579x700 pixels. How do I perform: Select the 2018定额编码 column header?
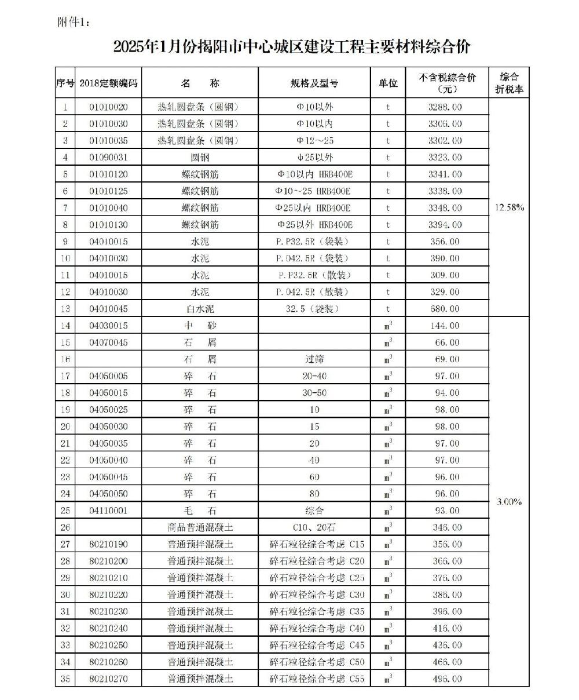pos(108,83)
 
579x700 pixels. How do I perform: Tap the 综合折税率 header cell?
pos(508,82)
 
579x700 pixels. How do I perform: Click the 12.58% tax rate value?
pos(509,207)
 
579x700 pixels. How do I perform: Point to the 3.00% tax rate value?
pos(509,502)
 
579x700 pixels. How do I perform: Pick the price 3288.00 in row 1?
pos(445,107)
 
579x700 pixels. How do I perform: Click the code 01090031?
pos(108,158)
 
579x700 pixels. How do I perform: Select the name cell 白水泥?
pos(200,309)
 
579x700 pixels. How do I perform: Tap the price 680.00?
pos(445,309)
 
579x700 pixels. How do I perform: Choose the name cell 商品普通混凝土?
pos(200,527)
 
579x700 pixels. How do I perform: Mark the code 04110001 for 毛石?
pos(108,511)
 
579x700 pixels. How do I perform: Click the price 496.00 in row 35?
pos(445,679)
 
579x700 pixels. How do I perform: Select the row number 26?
pos(65,527)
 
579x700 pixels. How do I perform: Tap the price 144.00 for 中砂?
pos(445,326)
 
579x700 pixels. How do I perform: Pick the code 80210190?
pos(108,544)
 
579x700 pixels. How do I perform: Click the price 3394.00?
pos(445,225)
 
